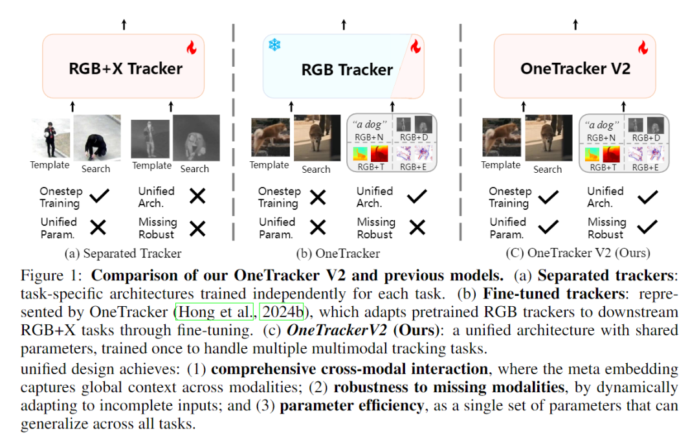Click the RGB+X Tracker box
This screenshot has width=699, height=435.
point(123,67)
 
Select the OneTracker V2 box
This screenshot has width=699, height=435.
point(574,67)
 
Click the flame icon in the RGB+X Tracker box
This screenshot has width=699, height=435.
point(191,47)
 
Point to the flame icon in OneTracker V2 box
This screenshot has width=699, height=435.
point(642,47)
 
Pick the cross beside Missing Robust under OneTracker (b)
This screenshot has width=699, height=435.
point(417,228)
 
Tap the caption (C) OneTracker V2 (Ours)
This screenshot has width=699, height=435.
point(578,253)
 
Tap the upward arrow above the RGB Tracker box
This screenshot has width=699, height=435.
point(344,25)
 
